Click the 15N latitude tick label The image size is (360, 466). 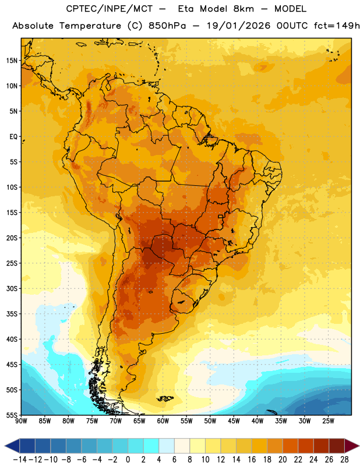12,61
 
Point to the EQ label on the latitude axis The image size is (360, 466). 13,137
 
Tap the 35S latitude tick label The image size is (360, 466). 12,314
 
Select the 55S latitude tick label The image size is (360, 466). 12,415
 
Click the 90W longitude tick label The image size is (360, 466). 21,421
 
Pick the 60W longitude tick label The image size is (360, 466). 163,421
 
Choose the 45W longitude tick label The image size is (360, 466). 234,421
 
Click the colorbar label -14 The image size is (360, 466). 20,460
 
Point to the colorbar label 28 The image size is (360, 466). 344,460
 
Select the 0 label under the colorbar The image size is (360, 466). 128,460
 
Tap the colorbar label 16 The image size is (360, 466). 252,460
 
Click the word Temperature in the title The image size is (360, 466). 90,26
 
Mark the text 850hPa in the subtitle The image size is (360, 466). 167,26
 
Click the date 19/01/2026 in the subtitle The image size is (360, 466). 238,26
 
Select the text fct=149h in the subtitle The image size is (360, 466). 337,26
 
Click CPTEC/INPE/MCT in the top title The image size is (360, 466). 109,9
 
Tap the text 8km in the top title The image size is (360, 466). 243,9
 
